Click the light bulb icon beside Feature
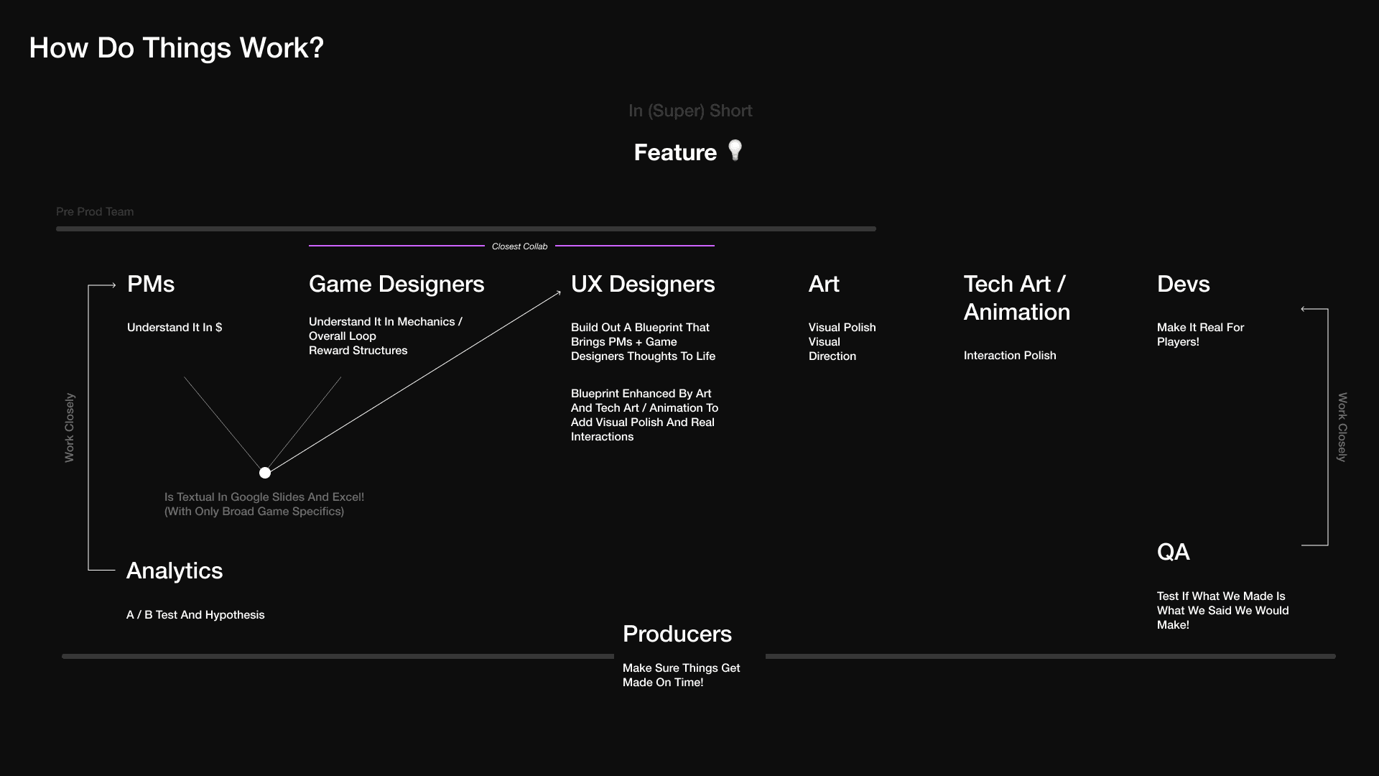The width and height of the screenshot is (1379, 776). tap(735, 150)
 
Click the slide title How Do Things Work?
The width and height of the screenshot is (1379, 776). tap(177, 48)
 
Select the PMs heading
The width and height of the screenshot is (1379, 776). tap(151, 284)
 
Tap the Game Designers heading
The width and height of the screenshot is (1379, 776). tap(396, 285)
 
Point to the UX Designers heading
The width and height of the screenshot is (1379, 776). tap(643, 285)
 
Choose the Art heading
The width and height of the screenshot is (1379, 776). tap(824, 284)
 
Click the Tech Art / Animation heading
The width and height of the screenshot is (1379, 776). tap(1017, 298)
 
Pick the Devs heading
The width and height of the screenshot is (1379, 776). tap(1184, 284)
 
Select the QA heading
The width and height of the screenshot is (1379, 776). tap(1174, 552)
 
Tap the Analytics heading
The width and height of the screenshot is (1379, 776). tap(175, 571)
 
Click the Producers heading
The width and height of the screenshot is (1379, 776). tap(677, 634)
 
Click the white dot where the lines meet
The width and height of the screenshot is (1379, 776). tap(265, 473)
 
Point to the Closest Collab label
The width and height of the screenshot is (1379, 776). tap(519, 246)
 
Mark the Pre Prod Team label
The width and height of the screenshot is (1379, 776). tap(95, 212)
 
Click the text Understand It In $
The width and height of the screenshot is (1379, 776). tap(175, 328)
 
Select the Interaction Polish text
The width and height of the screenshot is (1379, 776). tap(1010, 356)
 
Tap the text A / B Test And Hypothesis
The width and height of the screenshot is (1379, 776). tap(195, 615)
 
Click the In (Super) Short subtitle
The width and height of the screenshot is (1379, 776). tap(690, 111)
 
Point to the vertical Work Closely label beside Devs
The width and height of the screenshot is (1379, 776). tap(1342, 427)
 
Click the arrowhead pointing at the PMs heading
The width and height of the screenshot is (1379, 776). tap(113, 285)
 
